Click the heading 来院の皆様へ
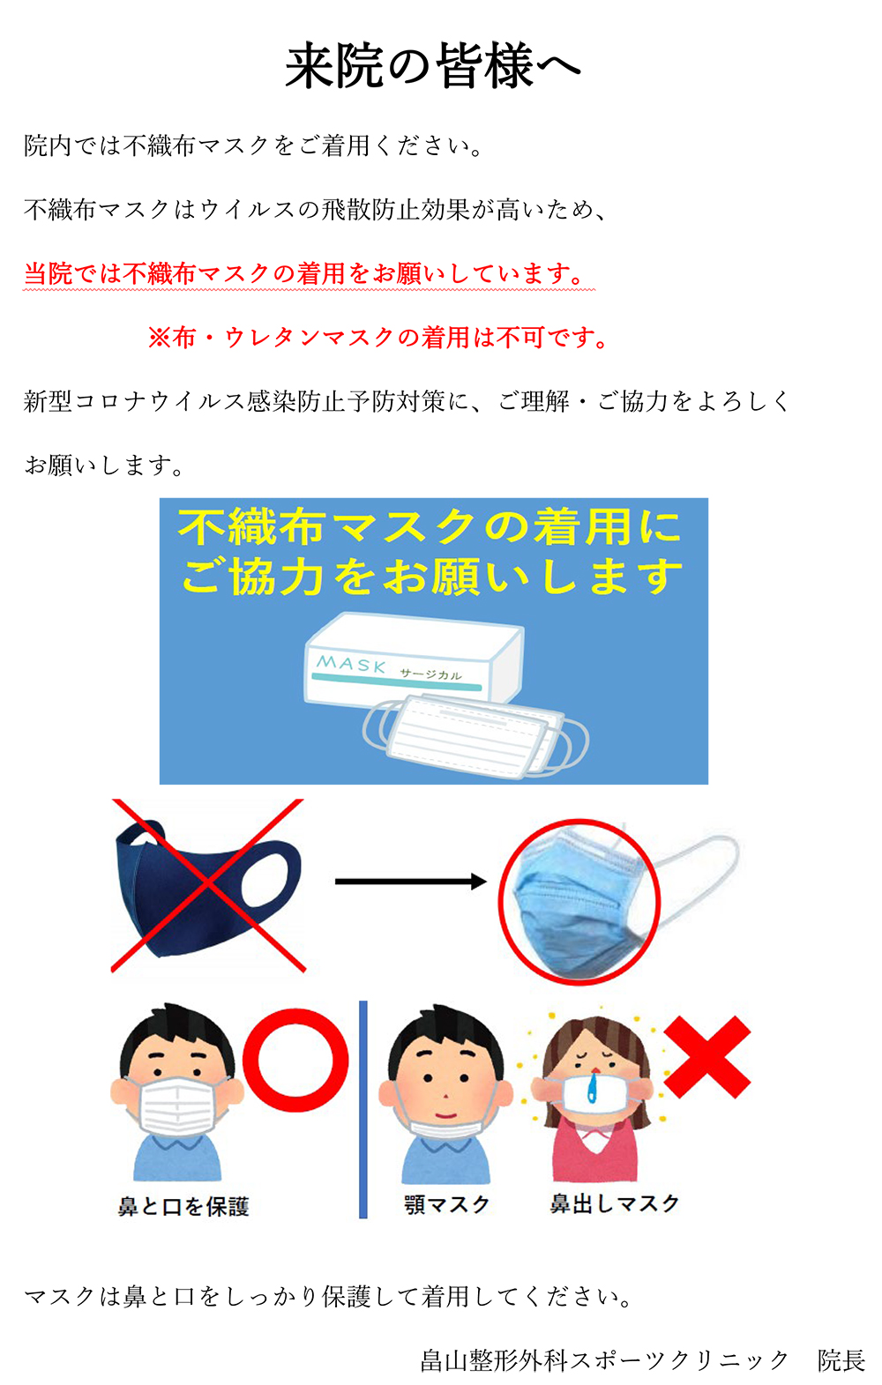pyautogui.click(x=433, y=66)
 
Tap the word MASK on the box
pyautogui.click(x=351, y=663)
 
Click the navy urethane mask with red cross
pyautogui.click(x=208, y=886)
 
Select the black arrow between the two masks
pyautogui.click(x=410, y=881)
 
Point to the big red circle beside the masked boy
pyautogui.click(x=295, y=1061)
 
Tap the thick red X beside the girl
pyautogui.click(x=706, y=1057)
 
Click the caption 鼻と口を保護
pyautogui.click(x=183, y=1206)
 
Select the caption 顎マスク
pyautogui.click(x=446, y=1204)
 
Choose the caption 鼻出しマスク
pyautogui.click(x=615, y=1203)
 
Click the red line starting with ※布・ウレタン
pyautogui.click(x=378, y=338)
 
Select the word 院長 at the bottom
pyautogui.click(x=841, y=1360)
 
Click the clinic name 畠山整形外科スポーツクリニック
pyautogui.click(x=604, y=1360)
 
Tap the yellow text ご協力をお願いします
pyautogui.click(x=432, y=577)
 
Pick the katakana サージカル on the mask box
pyautogui.click(x=430, y=674)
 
